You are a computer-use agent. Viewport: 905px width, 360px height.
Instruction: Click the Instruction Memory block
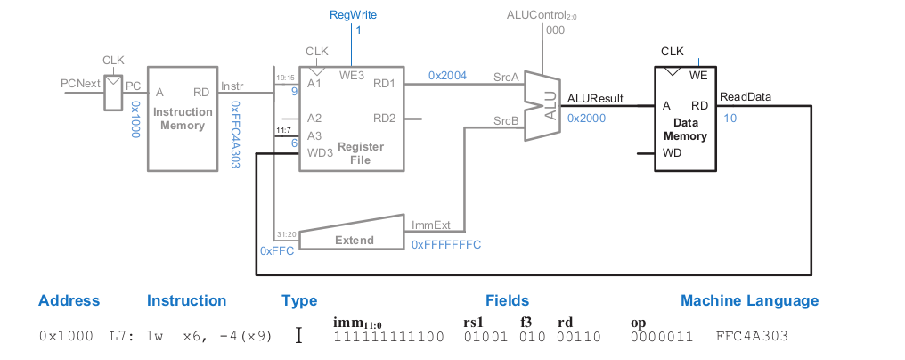(183, 118)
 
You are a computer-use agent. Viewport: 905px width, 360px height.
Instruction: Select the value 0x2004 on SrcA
(447, 76)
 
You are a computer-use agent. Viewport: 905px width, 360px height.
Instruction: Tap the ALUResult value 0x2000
(587, 118)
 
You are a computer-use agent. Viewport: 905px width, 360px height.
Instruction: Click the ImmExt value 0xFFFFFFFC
(446, 243)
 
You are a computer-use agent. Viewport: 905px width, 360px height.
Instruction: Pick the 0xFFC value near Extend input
(277, 251)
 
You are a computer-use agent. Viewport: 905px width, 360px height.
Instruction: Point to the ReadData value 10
(730, 118)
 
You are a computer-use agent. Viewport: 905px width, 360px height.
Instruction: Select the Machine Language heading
(749, 300)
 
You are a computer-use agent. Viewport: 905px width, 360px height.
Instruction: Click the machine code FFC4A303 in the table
(752, 338)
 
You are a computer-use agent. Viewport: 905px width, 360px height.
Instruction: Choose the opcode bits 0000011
(658, 338)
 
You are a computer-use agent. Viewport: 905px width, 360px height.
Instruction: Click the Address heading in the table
(69, 300)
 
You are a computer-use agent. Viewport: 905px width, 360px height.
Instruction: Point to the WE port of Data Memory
(698, 76)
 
